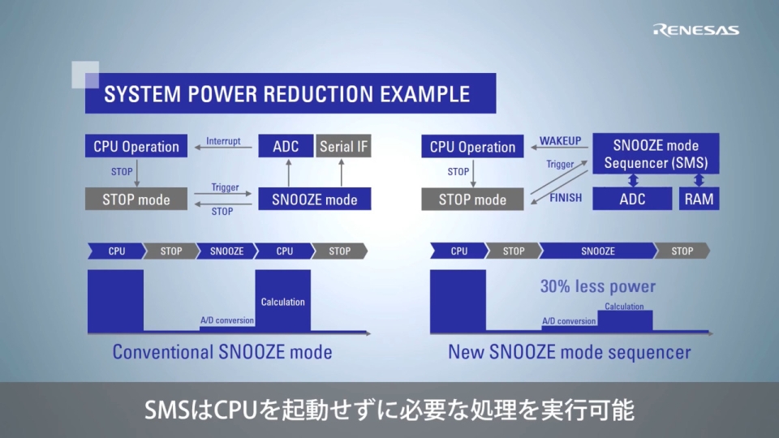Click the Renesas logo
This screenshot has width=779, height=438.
(x=695, y=30)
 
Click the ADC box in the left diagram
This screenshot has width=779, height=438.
(x=285, y=147)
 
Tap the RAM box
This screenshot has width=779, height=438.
(x=699, y=199)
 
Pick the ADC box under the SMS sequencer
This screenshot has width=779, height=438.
(x=632, y=199)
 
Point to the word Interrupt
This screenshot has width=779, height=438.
(x=223, y=141)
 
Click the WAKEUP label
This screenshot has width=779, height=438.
(x=561, y=141)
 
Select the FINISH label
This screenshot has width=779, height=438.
(x=566, y=198)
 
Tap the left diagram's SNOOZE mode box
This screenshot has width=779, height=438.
(x=314, y=200)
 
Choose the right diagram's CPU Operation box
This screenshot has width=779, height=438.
(x=472, y=147)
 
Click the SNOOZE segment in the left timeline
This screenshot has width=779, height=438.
(x=226, y=251)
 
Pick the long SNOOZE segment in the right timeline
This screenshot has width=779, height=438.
(x=597, y=251)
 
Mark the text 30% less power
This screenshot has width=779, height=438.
(x=597, y=286)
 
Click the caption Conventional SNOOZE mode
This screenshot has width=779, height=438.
(x=222, y=352)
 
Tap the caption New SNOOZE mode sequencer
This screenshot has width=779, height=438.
(x=569, y=352)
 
